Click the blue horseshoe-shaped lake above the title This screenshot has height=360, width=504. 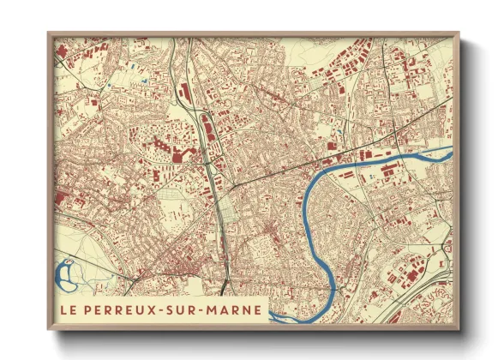[64, 276]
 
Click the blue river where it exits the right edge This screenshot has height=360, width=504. [447, 152]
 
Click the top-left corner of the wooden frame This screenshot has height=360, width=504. [48, 33]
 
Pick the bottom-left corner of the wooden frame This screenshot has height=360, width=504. [48, 330]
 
